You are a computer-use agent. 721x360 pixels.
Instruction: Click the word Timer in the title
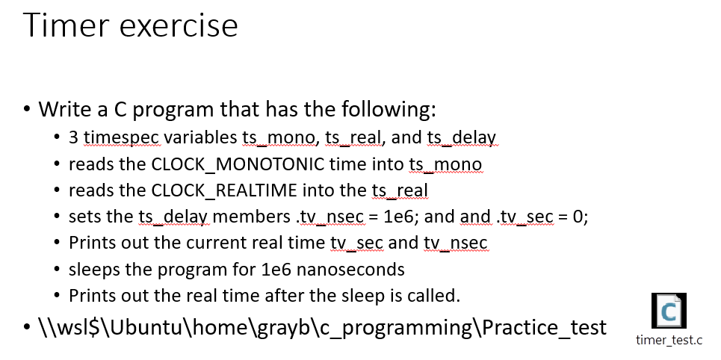(66, 25)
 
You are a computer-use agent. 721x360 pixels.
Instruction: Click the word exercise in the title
(179, 25)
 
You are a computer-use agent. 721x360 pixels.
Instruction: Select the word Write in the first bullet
(64, 110)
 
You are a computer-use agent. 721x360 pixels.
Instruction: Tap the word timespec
(122, 138)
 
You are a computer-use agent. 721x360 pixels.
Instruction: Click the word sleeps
(93, 269)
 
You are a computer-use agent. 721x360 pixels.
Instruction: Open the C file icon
(669, 310)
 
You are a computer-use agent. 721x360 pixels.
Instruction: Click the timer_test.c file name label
(669, 341)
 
